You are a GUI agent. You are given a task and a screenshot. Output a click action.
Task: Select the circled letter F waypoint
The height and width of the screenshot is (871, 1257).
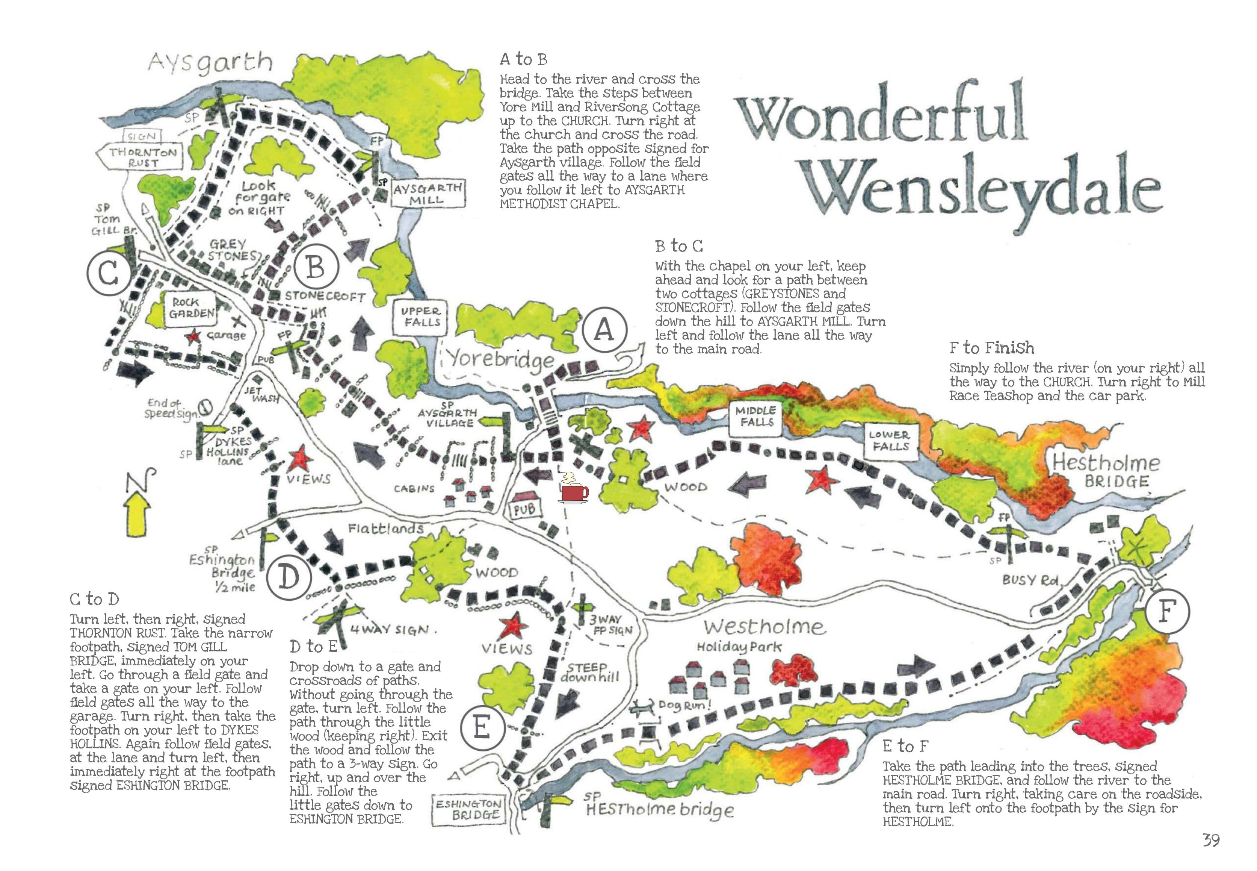(x=1166, y=612)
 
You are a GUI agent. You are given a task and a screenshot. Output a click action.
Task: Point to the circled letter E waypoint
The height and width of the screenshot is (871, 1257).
(x=482, y=727)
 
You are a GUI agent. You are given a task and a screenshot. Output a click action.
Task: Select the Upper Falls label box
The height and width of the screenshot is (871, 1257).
(x=420, y=317)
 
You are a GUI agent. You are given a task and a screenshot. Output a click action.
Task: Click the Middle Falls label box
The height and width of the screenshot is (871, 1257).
(x=755, y=417)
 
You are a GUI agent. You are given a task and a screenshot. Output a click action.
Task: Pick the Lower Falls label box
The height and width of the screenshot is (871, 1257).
(x=889, y=441)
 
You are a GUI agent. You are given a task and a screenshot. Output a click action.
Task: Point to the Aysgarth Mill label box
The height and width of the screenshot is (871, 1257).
(x=428, y=194)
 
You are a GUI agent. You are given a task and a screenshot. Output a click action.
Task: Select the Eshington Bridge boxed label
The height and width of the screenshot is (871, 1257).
(x=468, y=809)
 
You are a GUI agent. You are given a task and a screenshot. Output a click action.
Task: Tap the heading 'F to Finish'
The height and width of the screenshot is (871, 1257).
(x=991, y=348)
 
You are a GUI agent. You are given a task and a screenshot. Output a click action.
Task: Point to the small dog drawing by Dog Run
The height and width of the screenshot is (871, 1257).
(x=642, y=708)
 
